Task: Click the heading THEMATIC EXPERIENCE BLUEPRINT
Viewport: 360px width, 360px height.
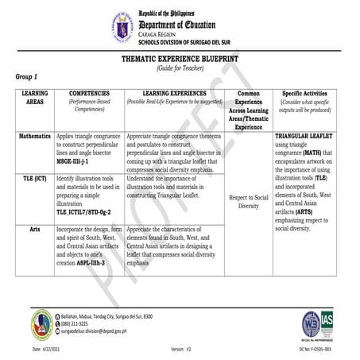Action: pos(180,59)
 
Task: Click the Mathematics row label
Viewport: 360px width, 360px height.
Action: pos(31,137)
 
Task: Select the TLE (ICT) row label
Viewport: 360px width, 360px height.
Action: pos(31,180)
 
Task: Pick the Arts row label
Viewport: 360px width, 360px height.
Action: pos(31,227)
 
